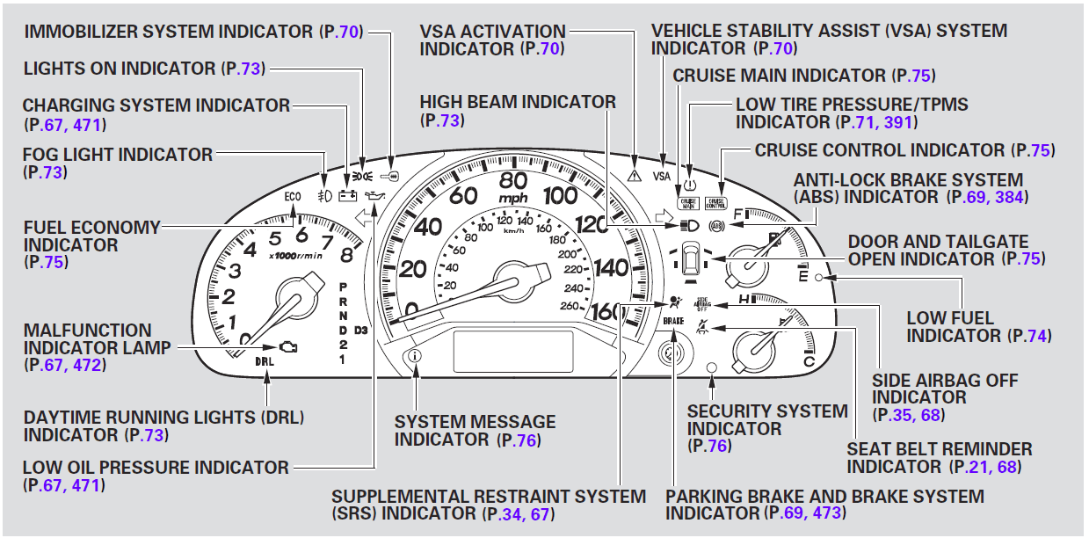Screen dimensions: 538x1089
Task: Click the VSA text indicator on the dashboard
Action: click(662, 176)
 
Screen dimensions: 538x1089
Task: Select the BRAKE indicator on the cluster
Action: click(672, 323)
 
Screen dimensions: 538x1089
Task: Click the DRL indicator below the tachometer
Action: click(265, 361)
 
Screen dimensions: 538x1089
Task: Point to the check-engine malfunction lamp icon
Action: click(287, 346)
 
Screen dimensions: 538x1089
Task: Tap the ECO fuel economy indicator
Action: click(294, 196)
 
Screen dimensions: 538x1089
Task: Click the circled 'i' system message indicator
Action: click(416, 356)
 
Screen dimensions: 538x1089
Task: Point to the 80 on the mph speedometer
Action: click(512, 179)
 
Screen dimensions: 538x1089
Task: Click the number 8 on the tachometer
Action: click(345, 257)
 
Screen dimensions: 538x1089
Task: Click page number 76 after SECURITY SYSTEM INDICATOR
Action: click(717, 446)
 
